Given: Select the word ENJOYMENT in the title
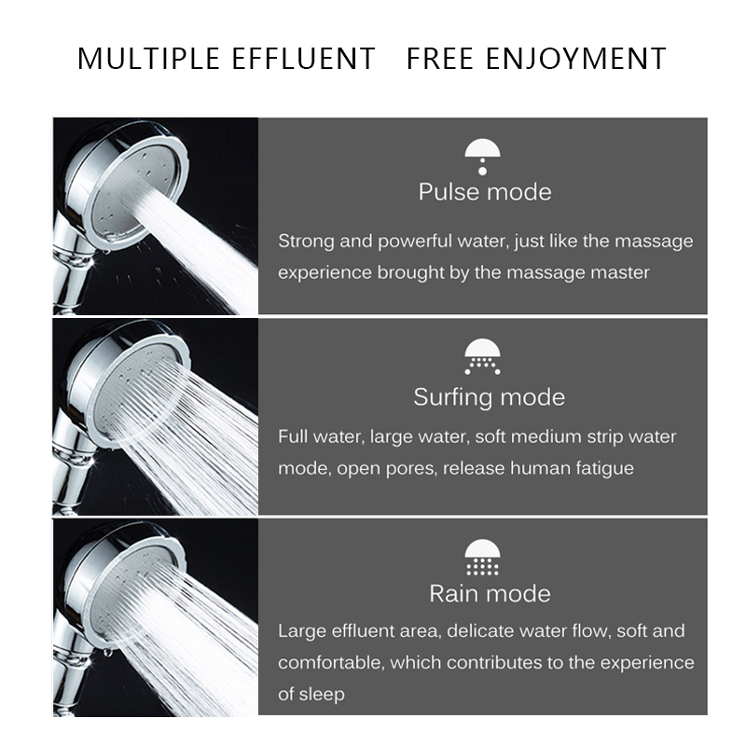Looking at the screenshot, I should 578,59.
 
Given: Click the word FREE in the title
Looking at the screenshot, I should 442,59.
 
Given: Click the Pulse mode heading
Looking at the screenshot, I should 484,192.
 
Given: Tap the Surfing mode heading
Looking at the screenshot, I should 489,397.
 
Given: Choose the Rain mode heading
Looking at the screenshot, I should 490,593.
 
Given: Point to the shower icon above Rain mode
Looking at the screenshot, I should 483,557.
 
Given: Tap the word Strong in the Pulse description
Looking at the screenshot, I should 306,241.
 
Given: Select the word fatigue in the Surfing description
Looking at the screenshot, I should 602,468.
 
